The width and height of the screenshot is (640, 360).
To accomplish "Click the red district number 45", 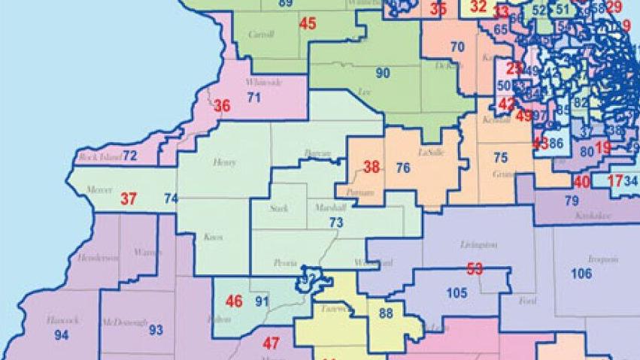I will tap(308, 23).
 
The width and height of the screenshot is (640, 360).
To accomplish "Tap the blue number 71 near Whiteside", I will tap(253, 97).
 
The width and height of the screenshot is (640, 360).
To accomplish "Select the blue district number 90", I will tap(383, 73).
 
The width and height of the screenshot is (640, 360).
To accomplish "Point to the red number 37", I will tap(129, 199).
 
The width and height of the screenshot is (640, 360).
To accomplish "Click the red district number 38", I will tap(372, 168).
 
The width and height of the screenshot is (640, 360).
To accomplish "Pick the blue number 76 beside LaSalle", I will tap(403, 168).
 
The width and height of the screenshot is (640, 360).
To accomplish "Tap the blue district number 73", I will tap(336, 222).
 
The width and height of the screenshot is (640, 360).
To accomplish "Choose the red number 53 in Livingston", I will tap(475, 268).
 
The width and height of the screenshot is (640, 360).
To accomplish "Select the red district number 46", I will tap(234, 302).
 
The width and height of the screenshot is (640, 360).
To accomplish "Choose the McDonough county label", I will tap(124, 322).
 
